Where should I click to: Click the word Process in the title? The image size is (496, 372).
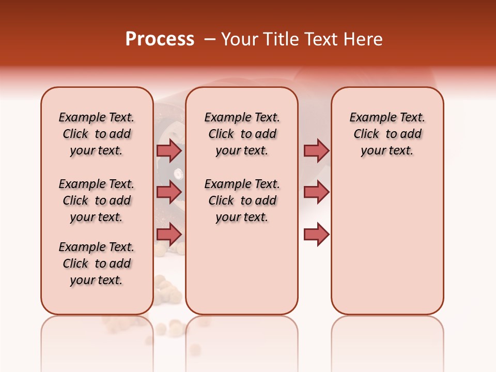tap(160, 39)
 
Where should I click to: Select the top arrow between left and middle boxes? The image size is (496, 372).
tap(169, 150)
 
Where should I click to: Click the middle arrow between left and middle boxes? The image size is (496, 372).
tap(169, 192)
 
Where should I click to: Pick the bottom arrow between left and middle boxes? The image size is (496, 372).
tap(169, 235)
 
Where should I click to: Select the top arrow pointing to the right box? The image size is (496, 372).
tap(316, 150)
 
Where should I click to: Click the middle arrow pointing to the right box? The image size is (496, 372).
tap(316, 192)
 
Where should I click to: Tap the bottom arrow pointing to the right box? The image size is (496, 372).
tap(316, 235)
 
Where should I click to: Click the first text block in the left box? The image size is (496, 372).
tap(97, 134)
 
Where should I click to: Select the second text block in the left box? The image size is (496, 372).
tap(97, 200)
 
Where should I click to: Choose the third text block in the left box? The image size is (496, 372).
tap(97, 263)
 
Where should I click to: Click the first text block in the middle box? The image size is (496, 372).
tap(242, 134)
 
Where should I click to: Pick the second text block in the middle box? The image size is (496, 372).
tap(242, 200)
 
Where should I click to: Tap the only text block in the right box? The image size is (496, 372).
tap(388, 134)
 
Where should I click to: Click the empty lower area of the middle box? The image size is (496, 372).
tap(242, 269)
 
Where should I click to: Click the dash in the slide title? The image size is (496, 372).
tap(210, 39)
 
